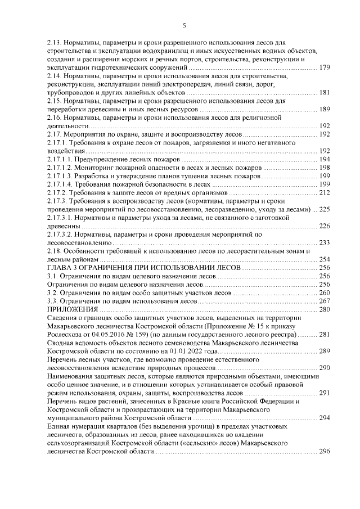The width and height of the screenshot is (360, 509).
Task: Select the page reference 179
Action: pyautogui.click(x=325, y=68)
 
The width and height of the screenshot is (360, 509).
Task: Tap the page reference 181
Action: pyautogui.click(x=325, y=93)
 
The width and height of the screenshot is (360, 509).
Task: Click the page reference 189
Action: pyautogui.click(x=325, y=109)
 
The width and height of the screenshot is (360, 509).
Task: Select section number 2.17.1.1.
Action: pyautogui.click(x=58, y=160)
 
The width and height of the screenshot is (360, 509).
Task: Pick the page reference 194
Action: pyautogui.click(x=325, y=160)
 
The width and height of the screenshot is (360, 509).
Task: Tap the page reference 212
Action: pyautogui.click(x=325, y=193)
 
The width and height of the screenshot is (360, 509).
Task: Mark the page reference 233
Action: pyautogui.click(x=325, y=243)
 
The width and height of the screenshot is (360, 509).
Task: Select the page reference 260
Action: pyautogui.click(x=325, y=293)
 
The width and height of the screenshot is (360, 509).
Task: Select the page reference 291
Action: pyautogui.click(x=325, y=393)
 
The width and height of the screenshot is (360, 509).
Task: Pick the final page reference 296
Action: pyautogui.click(x=325, y=452)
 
